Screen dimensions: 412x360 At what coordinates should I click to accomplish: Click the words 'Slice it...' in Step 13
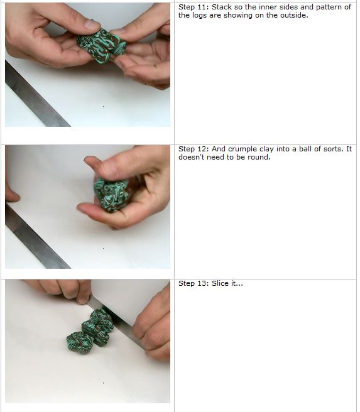[x=227, y=284]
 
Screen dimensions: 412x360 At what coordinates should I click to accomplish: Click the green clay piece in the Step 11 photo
[x=101, y=43]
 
